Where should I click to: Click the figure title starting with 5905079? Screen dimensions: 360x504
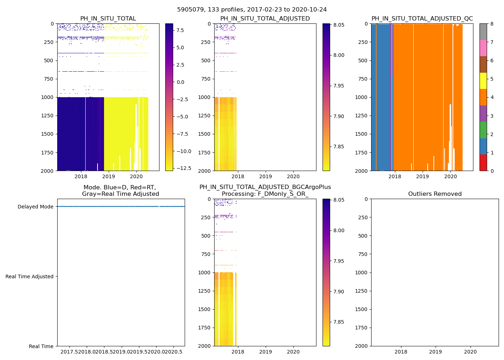click(252, 10)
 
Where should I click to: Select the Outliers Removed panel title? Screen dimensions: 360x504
click(435, 194)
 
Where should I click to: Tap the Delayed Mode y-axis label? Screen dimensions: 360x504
click(35, 207)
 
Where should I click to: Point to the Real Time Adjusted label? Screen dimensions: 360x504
click(30, 276)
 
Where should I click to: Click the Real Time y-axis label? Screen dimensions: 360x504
click(41, 346)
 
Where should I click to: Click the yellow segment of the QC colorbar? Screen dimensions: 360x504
click(483, 81)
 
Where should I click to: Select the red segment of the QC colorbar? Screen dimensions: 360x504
click(483, 163)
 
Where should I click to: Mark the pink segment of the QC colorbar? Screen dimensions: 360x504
click(483, 48)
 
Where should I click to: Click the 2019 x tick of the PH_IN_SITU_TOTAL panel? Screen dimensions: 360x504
click(108, 176)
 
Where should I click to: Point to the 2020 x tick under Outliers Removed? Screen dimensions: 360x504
click(470, 352)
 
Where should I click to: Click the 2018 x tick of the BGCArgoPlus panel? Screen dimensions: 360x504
click(238, 352)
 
